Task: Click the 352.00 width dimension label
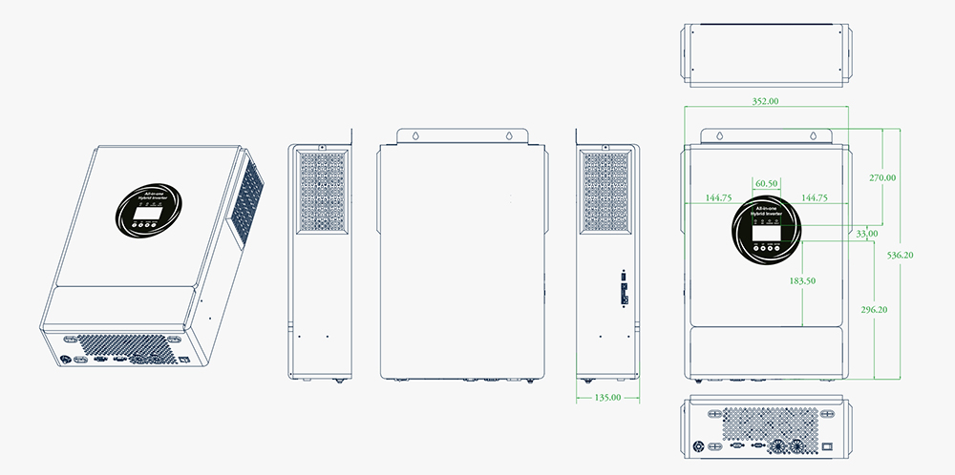click(x=765, y=100)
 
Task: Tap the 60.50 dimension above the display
click(x=766, y=183)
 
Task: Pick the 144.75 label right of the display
click(x=815, y=197)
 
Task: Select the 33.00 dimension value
click(x=867, y=233)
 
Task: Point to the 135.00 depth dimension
click(x=607, y=397)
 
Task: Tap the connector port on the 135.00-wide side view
click(x=624, y=288)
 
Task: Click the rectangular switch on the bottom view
click(x=829, y=445)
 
